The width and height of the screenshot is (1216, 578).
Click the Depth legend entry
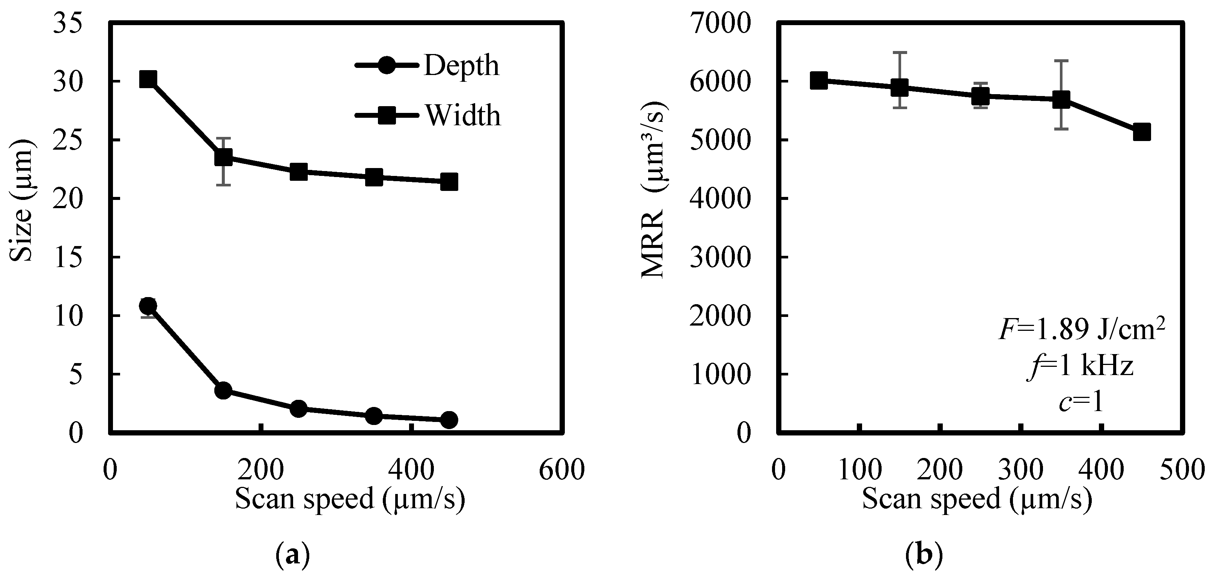click(x=427, y=66)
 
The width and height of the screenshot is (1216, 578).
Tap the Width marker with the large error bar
click(x=223, y=158)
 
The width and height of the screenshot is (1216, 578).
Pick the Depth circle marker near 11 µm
click(x=148, y=306)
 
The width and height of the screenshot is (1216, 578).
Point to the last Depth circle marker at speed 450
click(x=449, y=419)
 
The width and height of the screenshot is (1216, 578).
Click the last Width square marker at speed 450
click(x=449, y=182)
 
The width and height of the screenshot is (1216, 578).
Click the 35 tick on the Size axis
click(x=68, y=24)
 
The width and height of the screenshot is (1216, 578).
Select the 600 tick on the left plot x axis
click(x=562, y=470)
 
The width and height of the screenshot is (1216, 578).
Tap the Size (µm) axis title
click(x=21, y=201)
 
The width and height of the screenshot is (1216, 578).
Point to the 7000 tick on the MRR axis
click(x=719, y=24)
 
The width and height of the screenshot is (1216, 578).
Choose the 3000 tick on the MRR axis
click(x=719, y=257)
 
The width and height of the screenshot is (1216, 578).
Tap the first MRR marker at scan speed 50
click(x=819, y=81)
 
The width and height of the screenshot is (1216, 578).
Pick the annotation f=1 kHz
click(x=1081, y=366)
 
